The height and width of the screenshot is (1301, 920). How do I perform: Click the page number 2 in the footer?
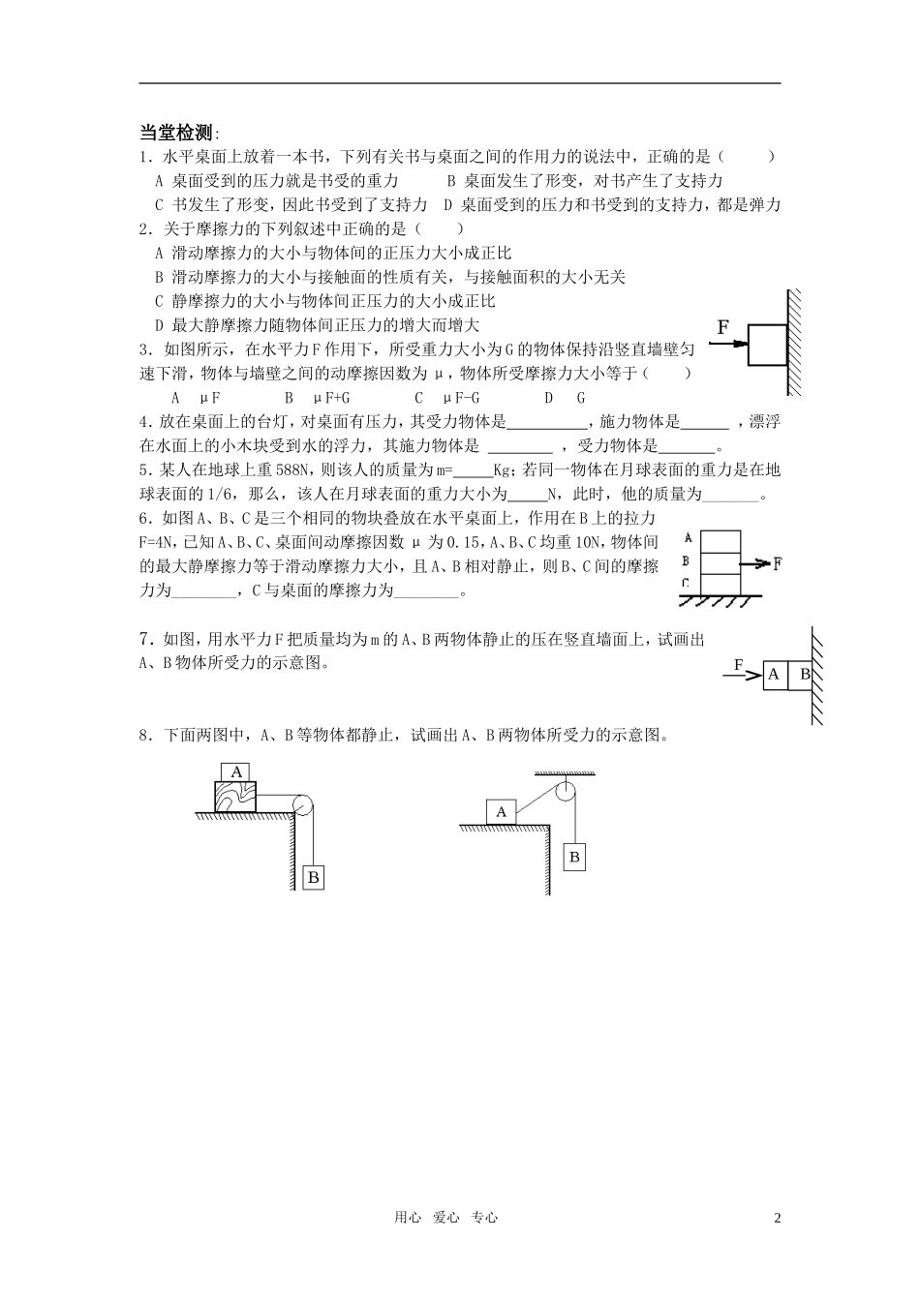click(x=777, y=1218)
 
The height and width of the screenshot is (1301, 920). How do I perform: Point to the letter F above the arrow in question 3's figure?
click(x=722, y=327)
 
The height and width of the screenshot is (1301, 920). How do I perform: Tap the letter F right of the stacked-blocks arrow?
click(x=778, y=563)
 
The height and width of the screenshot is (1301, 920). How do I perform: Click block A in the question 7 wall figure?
click(x=773, y=675)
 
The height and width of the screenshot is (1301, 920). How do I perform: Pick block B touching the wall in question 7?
click(x=800, y=675)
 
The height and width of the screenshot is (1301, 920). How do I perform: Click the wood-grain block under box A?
click(x=236, y=796)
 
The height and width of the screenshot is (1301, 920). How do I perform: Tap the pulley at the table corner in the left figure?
click(x=301, y=805)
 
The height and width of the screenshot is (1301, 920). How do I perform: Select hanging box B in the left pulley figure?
click(x=312, y=877)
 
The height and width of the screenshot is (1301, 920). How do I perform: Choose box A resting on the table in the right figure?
click(x=501, y=812)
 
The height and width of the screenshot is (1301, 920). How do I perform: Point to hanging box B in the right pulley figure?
click(x=574, y=857)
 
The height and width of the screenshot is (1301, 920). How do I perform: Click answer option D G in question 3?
click(x=565, y=398)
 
